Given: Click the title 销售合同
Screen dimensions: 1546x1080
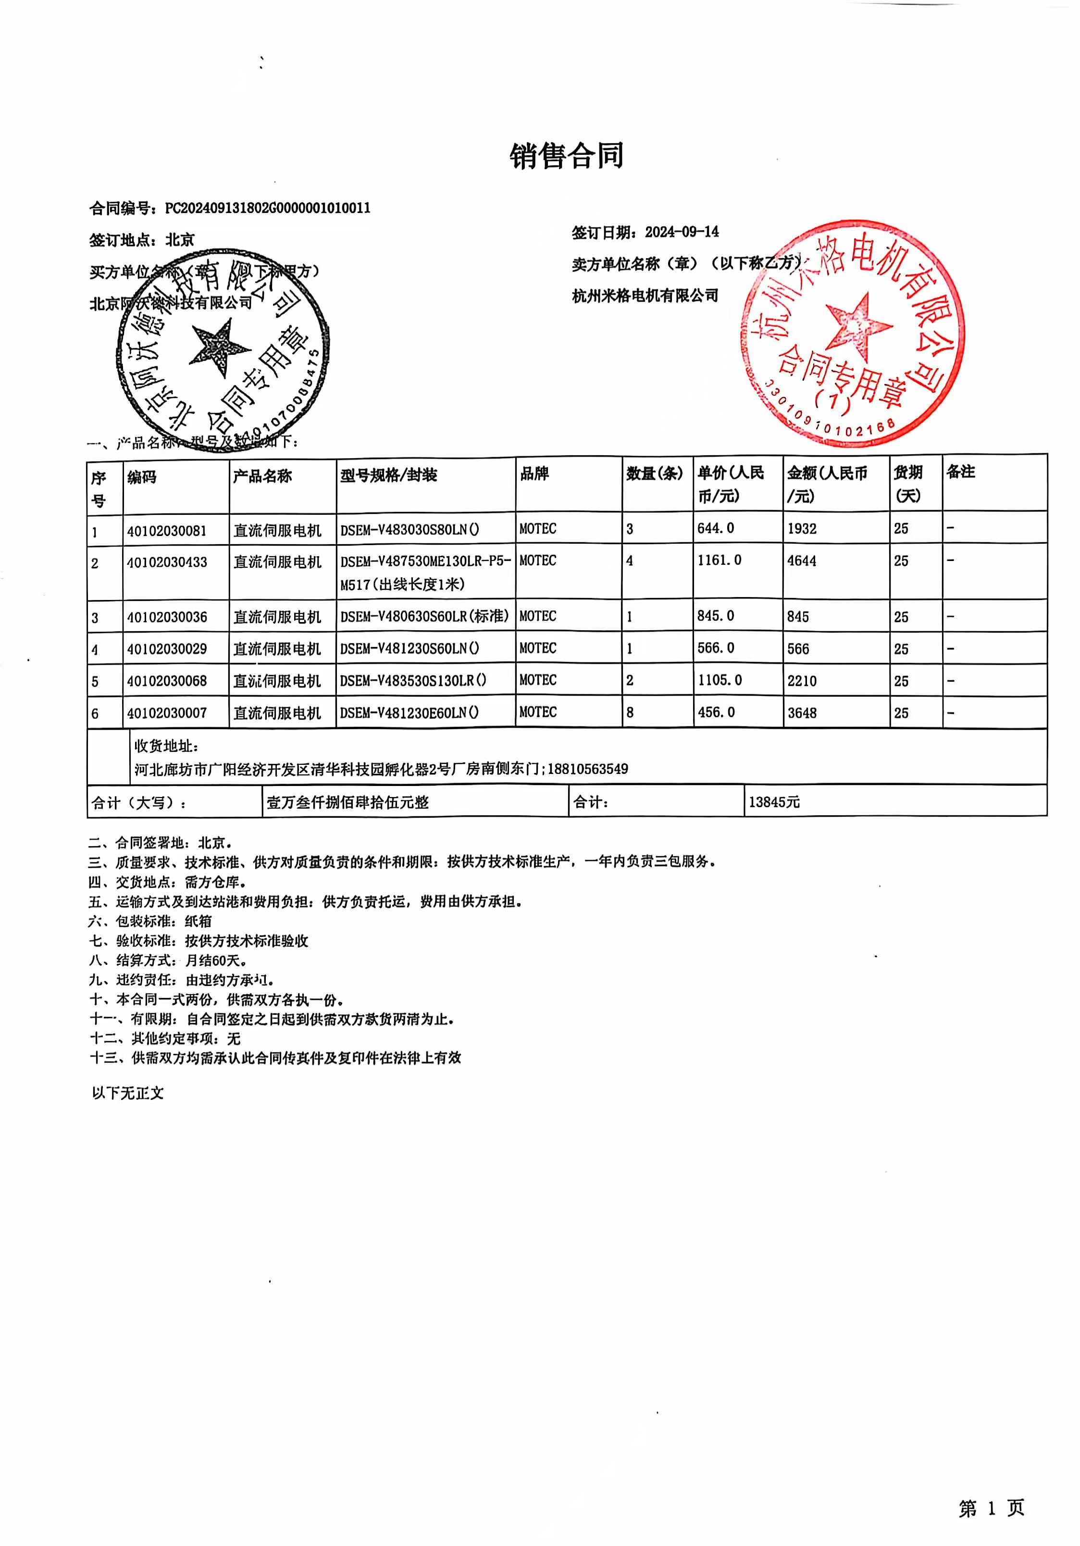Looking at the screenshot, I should click(566, 156).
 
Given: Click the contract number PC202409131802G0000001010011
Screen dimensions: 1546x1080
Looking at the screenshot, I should click(267, 208).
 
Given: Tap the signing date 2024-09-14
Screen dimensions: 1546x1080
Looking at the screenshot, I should click(682, 232).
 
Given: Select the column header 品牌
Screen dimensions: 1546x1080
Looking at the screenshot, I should click(534, 474).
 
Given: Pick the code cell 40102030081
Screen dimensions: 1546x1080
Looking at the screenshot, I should click(167, 531).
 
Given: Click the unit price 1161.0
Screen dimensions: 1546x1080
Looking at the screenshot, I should click(719, 560).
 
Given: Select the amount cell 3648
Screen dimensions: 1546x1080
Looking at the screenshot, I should click(802, 713).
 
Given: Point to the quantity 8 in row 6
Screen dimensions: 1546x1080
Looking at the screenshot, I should click(630, 712).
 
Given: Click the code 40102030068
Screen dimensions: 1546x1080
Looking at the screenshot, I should click(167, 681).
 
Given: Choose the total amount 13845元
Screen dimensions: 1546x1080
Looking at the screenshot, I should click(774, 802).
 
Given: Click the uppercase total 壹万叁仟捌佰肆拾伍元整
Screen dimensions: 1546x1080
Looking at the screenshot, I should click(348, 802).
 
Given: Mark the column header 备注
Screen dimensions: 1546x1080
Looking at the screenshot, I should click(960, 472).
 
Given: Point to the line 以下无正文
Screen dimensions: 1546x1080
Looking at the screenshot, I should click(128, 1093).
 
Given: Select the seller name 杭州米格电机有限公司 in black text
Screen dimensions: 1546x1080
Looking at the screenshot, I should click(645, 296).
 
